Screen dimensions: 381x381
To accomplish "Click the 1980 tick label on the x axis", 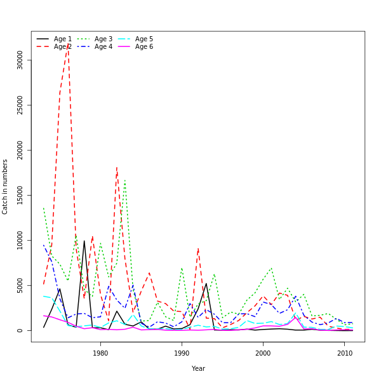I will tap(100, 353).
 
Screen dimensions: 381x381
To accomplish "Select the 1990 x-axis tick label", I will tap(182, 353).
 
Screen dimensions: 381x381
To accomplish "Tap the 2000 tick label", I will tap(263, 353).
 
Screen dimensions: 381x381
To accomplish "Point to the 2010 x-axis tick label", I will tap(345, 353).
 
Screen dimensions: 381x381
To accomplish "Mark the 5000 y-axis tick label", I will tap(20, 286).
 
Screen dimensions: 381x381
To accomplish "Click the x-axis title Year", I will tap(198, 368).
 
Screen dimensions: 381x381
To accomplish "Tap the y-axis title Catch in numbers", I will tap(6, 187).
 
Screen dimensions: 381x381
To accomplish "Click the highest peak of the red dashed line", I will tap(68, 44).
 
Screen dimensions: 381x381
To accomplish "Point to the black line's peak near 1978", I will tap(84, 241).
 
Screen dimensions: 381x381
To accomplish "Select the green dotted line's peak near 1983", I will tap(124, 180).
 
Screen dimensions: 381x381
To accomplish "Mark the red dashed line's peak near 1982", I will tap(117, 167).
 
